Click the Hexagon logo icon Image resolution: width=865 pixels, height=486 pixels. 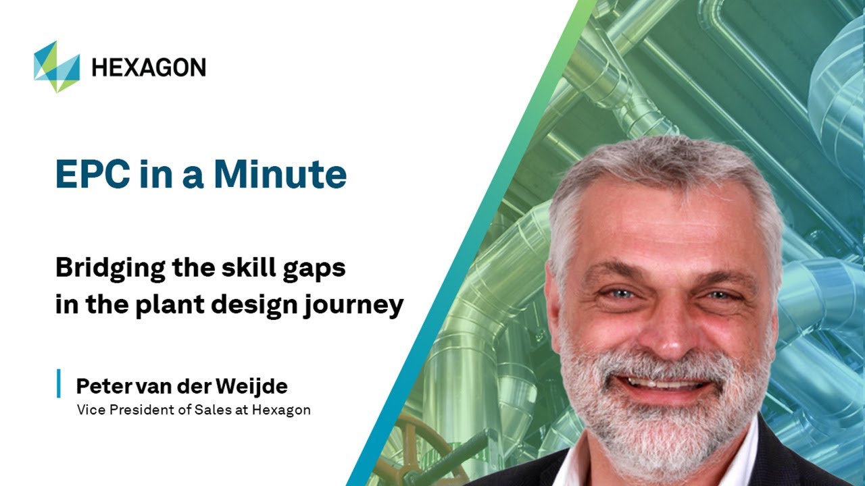(57, 66)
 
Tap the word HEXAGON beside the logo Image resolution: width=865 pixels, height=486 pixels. (149, 67)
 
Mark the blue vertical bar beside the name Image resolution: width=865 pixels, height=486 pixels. (59, 383)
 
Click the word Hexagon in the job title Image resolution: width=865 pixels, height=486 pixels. (281, 410)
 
